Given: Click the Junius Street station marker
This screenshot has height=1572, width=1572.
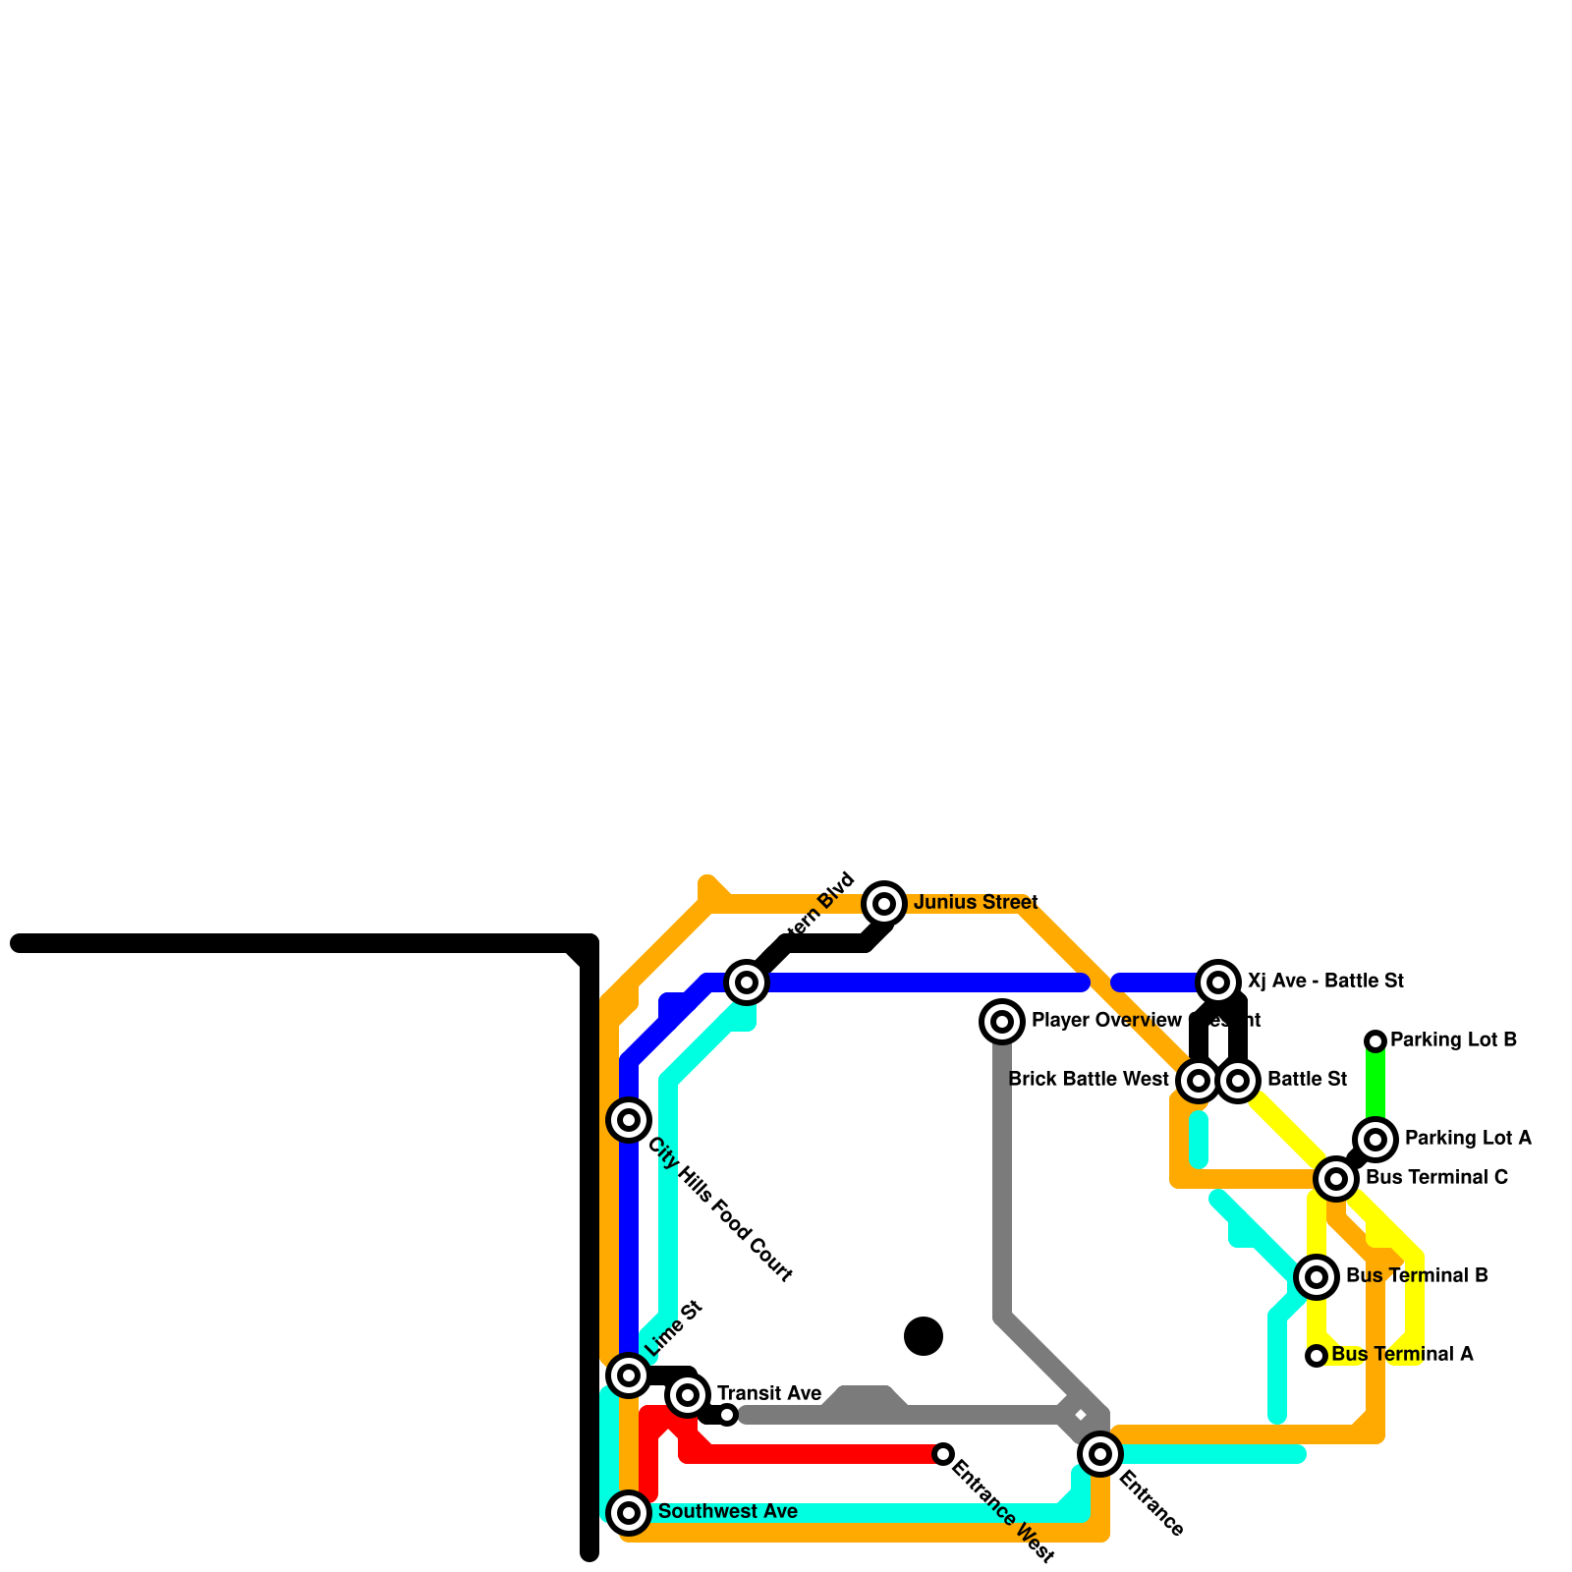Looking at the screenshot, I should coord(884,903).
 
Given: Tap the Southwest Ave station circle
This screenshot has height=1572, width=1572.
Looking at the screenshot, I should coord(629,1512).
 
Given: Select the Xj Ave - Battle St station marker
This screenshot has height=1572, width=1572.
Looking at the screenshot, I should coord(1218,982).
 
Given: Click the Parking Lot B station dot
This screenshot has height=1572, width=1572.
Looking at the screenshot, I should coord(1375,1041).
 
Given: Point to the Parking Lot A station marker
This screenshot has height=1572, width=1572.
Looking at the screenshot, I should coord(1375,1140).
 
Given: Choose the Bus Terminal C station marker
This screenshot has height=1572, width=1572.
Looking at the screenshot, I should coord(1336,1178).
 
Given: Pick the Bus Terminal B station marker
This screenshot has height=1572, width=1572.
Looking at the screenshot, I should coord(1317,1277).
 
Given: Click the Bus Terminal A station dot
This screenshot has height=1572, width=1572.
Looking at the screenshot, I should coord(1317,1356).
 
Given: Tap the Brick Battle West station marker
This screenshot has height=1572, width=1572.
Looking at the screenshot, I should coord(1199,1081).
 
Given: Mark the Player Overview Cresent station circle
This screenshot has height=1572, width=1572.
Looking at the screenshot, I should coord(1002,1022).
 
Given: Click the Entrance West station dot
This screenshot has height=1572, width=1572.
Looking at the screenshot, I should coord(943,1454).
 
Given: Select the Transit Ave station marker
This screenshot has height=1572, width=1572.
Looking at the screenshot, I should coord(688,1395).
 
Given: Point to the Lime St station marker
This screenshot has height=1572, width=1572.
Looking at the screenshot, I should coord(629,1375).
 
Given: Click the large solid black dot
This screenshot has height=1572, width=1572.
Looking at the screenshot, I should coord(924,1336).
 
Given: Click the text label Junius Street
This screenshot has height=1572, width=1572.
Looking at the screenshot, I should coord(976,903).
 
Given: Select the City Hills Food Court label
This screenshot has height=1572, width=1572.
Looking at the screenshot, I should coord(720,1210).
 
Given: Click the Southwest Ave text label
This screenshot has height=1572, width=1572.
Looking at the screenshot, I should coord(728,1512).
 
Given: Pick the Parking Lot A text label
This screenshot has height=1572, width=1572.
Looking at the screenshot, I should coord(1468,1139).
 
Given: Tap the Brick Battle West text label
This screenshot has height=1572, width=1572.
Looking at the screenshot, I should coord(1089,1080).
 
